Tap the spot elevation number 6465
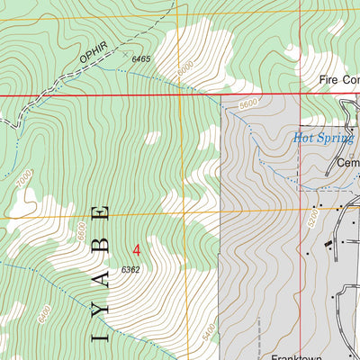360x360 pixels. click(142, 58)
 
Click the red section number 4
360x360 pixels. click(137, 249)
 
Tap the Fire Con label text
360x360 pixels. click(338, 80)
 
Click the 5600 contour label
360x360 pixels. click(249, 105)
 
